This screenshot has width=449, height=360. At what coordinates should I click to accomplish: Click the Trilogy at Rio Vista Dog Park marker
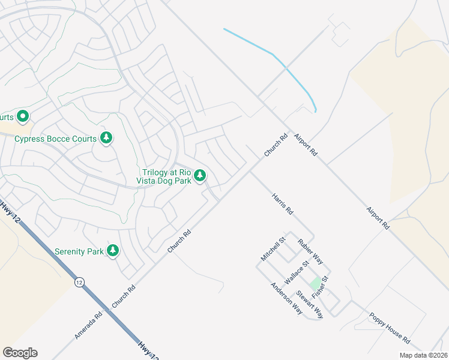200,176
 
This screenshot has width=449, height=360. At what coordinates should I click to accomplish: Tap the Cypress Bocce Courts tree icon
106,139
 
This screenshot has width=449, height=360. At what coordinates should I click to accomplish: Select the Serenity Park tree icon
113,250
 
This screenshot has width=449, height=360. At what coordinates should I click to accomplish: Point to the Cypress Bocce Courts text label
55,139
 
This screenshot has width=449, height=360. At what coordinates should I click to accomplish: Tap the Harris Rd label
282,203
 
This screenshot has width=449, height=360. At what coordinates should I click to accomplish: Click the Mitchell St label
272,248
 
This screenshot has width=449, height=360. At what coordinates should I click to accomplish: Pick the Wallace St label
297,271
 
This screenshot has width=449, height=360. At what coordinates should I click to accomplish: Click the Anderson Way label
286,298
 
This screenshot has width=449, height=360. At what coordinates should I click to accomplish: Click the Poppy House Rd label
389,328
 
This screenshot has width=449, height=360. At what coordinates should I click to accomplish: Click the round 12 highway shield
79,281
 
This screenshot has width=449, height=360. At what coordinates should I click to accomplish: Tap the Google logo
20,353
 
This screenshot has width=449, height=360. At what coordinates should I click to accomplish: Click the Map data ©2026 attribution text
423,355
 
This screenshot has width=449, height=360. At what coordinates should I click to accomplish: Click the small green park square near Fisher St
315,282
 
